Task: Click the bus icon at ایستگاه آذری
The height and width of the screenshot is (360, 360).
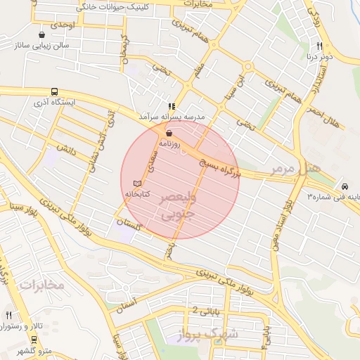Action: tap(54, 91)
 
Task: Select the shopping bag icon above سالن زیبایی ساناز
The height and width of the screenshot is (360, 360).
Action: tap(43, 34)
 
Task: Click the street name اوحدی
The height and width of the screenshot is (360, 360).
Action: tap(63, 25)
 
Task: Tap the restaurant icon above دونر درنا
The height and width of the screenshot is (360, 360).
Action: tap(319, 46)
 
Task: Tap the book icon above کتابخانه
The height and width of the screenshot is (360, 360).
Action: tap(137, 183)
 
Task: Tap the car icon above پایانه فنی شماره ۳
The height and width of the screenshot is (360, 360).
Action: tap(345, 186)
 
